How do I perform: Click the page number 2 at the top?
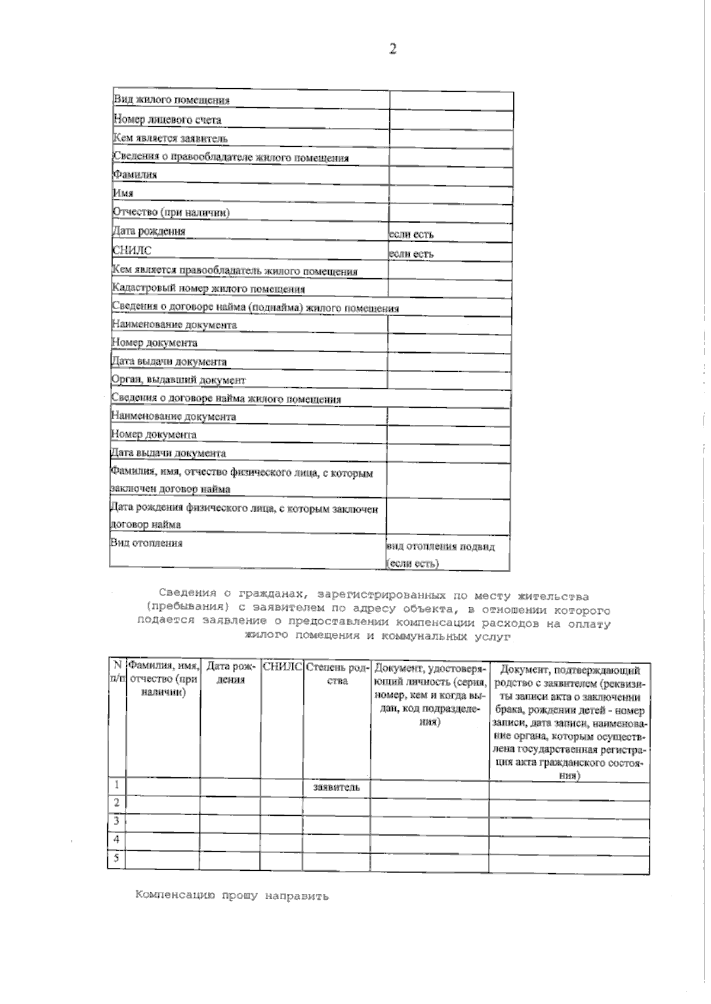point(393,49)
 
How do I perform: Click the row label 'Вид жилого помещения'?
point(171,100)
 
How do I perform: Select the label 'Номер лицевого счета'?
point(167,120)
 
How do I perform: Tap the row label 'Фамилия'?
point(135,175)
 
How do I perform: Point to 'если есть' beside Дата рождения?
point(411,234)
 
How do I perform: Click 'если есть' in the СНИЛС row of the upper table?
point(411,254)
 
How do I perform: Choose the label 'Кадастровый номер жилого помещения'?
point(209,289)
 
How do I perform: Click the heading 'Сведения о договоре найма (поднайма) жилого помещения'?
point(255,308)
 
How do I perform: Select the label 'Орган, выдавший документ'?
point(178,380)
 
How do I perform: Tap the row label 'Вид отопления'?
point(146,543)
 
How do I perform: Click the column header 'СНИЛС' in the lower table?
point(281,667)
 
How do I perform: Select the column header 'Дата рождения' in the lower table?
point(230,674)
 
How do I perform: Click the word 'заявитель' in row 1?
point(337,787)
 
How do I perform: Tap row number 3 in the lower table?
point(117,821)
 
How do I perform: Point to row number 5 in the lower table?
point(117,858)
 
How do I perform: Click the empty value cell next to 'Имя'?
point(450,194)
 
